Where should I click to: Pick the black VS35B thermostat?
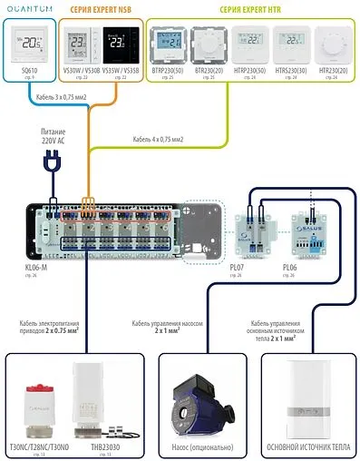coord(127,44)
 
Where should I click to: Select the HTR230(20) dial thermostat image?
coord(331,44)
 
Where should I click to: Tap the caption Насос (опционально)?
coord(206,448)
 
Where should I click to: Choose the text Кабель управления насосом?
coord(177,323)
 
